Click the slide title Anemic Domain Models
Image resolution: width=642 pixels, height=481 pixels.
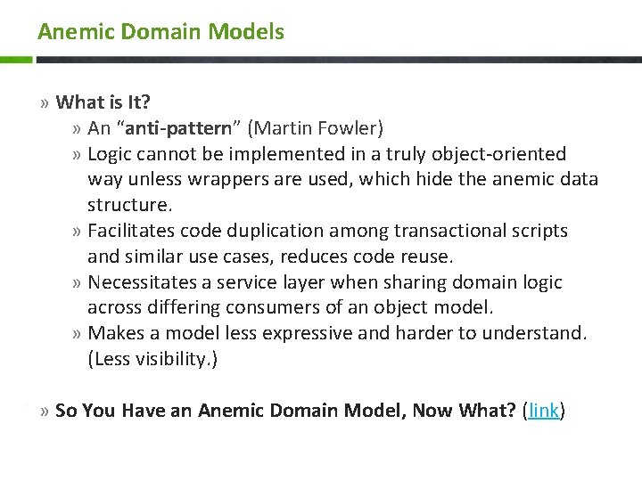(160, 32)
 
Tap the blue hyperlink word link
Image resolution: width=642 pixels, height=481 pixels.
(544, 411)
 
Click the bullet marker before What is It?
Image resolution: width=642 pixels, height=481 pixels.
(45, 103)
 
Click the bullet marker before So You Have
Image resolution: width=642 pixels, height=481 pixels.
(45, 412)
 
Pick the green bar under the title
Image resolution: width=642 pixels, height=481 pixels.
(16, 60)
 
